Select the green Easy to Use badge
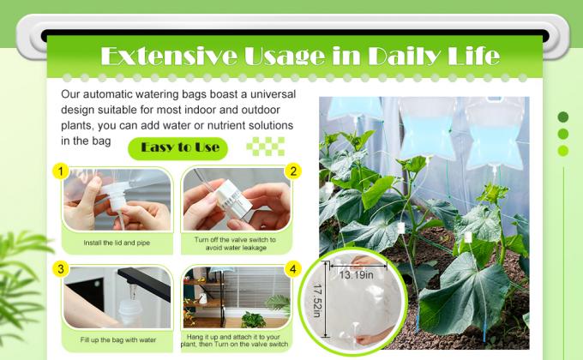click(179, 147)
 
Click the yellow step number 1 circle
click(60, 171)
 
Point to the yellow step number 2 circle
click(293, 171)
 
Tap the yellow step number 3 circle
click(60, 269)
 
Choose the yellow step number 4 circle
click(293, 269)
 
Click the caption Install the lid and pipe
click(117, 243)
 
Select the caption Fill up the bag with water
click(117, 340)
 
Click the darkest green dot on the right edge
click(563, 117)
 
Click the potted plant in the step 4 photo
click(253, 318)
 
